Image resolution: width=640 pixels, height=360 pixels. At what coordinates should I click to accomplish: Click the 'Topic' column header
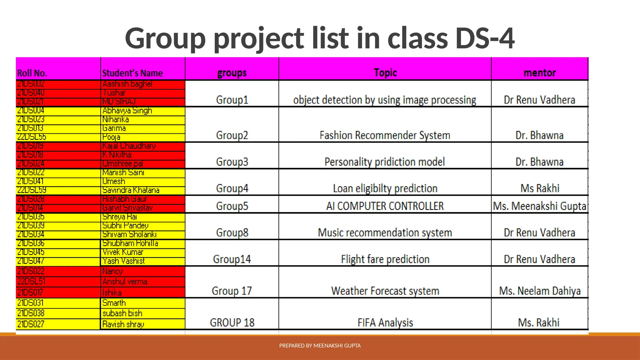(385, 73)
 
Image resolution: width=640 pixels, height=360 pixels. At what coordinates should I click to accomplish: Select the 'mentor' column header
(539, 73)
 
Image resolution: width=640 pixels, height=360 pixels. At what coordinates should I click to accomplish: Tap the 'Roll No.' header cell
(32, 73)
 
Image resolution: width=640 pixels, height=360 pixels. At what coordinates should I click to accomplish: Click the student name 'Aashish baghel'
(127, 84)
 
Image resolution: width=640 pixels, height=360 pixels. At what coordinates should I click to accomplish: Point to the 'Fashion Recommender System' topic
(385, 135)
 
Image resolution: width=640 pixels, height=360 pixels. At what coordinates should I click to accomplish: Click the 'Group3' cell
(232, 162)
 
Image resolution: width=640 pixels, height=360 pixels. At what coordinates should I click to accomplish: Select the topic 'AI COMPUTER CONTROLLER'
(385, 206)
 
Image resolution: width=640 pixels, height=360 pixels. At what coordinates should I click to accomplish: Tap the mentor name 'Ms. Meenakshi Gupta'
(539, 206)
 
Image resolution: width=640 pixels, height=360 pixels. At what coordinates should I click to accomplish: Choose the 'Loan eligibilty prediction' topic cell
(385, 188)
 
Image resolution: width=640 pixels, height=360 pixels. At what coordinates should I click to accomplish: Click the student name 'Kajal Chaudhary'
(129, 146)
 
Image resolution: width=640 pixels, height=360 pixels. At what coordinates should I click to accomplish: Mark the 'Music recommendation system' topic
(385, 233)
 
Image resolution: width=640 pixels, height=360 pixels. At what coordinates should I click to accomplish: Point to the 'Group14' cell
(232, 259)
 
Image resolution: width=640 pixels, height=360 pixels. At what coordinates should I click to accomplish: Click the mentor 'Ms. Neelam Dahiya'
(540, 291)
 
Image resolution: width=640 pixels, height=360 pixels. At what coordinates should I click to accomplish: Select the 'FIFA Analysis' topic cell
(385, 322)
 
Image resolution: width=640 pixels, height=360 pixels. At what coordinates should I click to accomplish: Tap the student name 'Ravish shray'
(123, 324)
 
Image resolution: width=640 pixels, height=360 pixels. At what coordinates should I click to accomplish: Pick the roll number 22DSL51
(31, 282)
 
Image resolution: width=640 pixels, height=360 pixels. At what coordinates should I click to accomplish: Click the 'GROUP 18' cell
(232, 322)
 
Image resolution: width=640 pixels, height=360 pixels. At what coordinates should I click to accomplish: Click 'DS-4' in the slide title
(485, 38)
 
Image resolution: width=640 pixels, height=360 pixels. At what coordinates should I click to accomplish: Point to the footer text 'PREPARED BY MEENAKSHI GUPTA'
(320, 346)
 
